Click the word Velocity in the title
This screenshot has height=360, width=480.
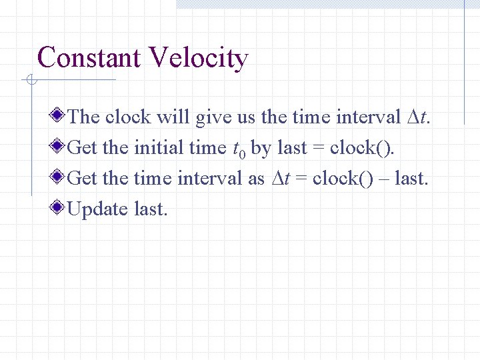pyautogui.click(x=199, y=58)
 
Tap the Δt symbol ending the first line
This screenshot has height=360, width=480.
pyautogui.click(x=417, y=117)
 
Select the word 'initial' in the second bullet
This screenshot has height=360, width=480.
pyautogui.click(x=159, y=148)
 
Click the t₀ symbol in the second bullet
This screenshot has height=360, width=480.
pyautogui.click(x=237, y=149)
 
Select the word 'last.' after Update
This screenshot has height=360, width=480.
pyautogui.click(x=151, y=209)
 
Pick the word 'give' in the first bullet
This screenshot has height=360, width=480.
pyautogui.click(x=212, y=117)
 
